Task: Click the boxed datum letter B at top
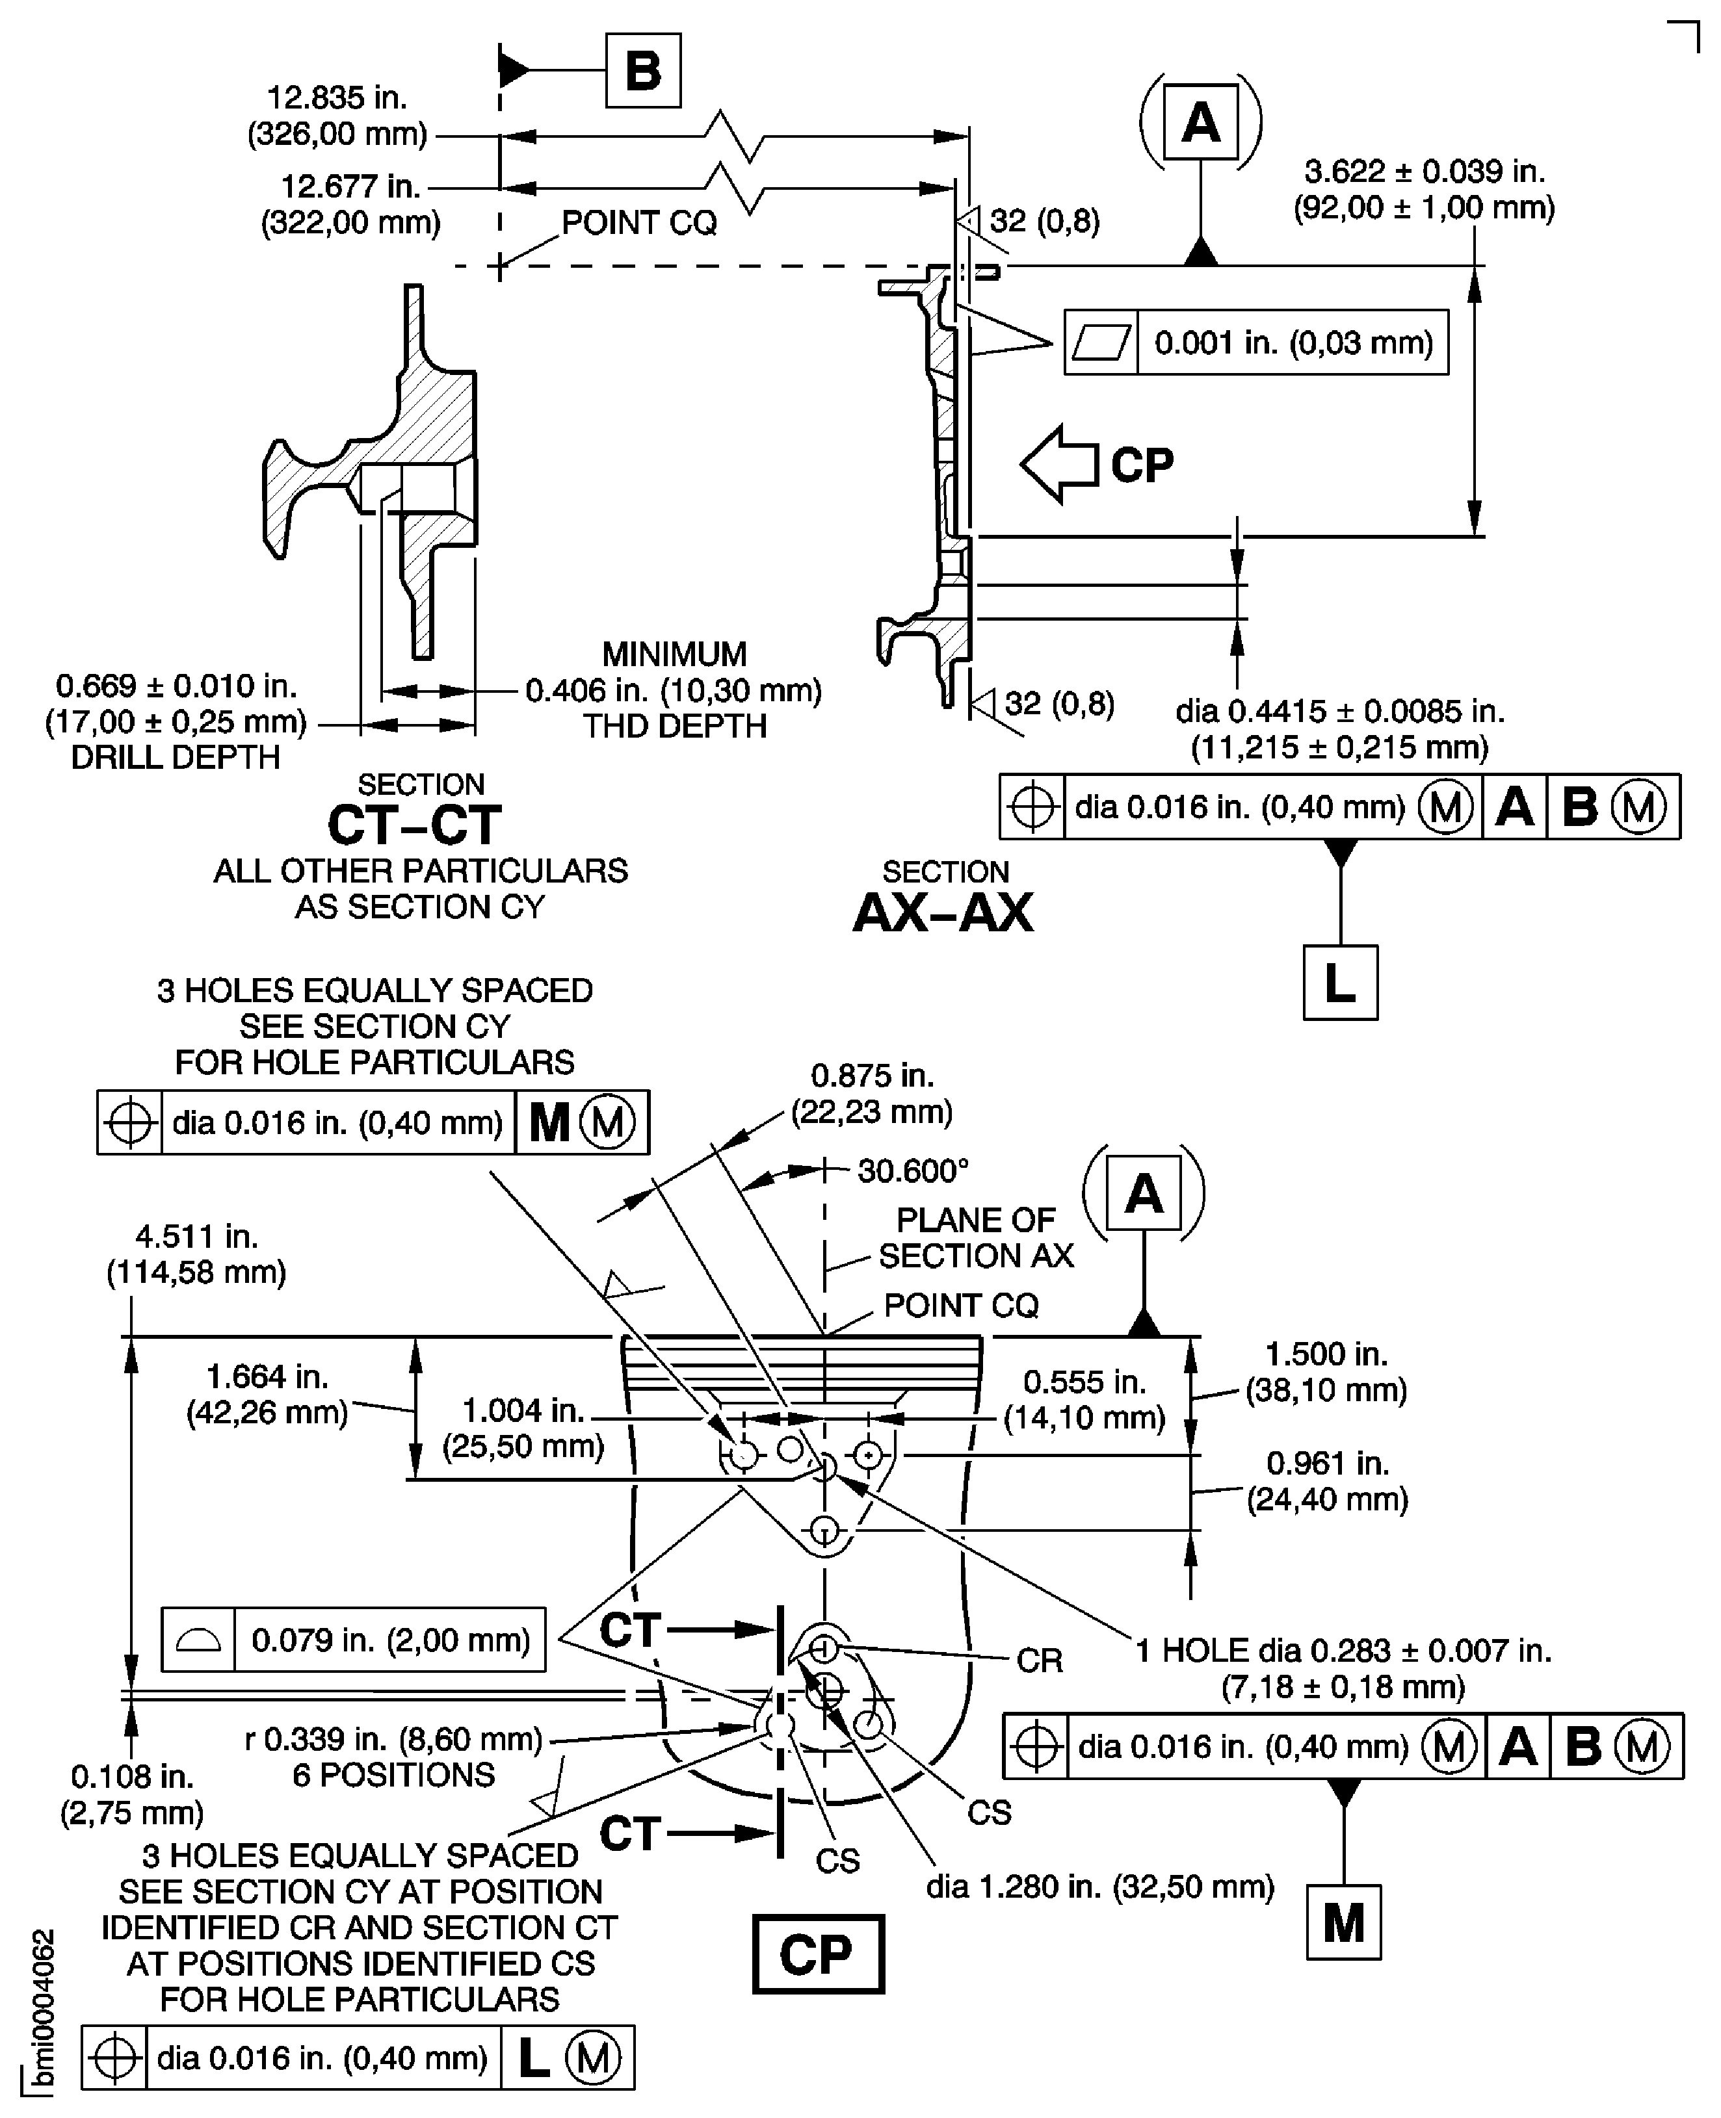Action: click(x=642, y=70)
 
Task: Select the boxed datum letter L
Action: click(x=1339, y=982)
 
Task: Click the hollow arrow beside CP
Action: click(x=1058, y=464)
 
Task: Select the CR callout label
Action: click(x=1039, y=1660)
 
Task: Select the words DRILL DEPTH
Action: click(x=176, y=757)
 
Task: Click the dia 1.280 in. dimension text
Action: click(x=1099, y=1886)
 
